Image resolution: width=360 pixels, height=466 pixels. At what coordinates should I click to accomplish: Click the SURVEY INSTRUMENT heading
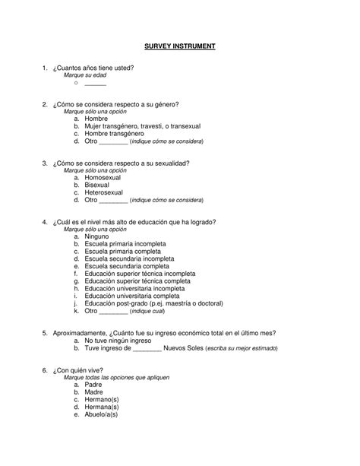pos(180,46)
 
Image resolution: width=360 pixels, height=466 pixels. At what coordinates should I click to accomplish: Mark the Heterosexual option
pos(106,192)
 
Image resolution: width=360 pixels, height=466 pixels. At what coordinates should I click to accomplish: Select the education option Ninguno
pos(99,236)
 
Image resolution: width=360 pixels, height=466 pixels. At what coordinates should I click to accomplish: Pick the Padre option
pos(96,385)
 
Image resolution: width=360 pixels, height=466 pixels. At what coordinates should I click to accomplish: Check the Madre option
pos(96,392)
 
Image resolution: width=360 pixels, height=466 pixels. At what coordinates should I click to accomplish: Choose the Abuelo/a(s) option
pos(102,414)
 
